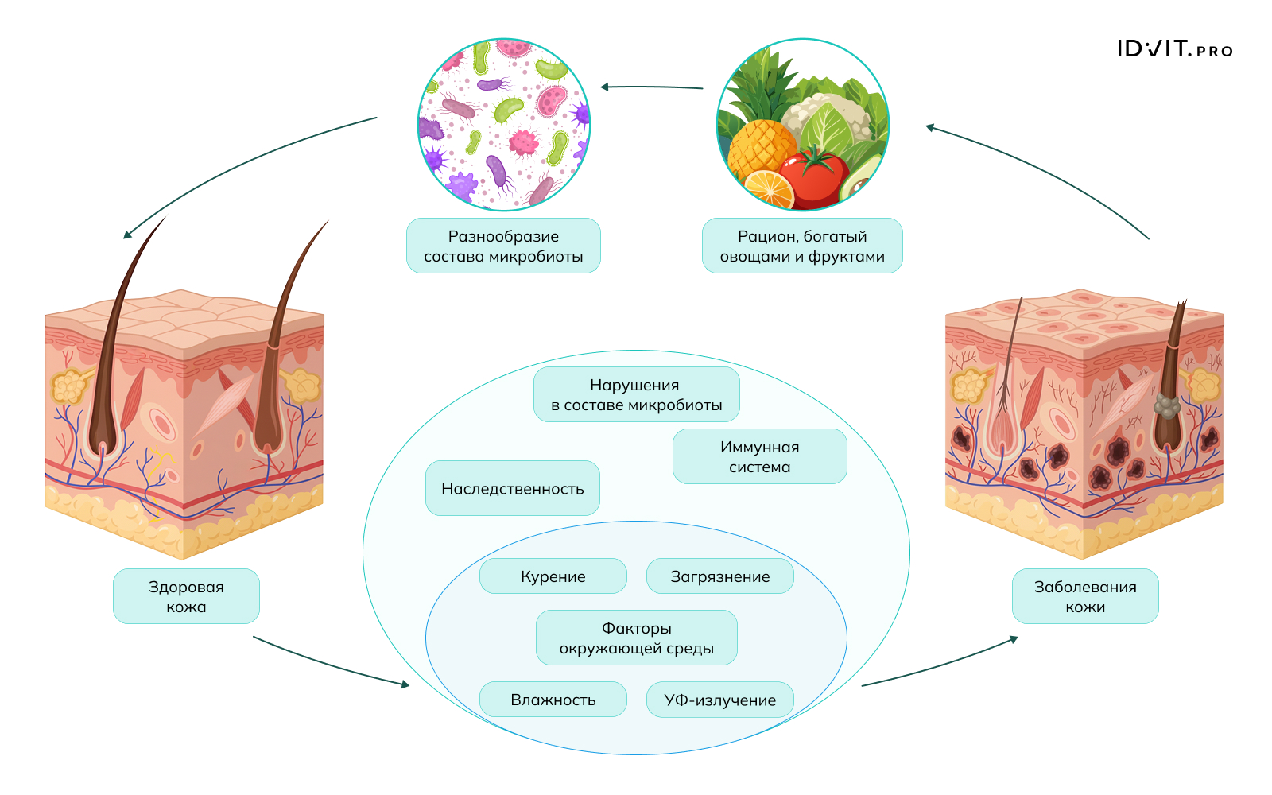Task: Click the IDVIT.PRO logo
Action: (1174, 49)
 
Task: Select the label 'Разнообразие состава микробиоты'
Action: (503, 246)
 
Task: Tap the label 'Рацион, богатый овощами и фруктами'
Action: (802, 246)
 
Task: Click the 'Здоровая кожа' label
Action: (186, 596)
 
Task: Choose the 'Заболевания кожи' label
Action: (1085, 596)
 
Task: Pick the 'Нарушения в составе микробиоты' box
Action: (636, 394)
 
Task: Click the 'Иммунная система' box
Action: (759, 456)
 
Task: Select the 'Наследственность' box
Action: (512, 488)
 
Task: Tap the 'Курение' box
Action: (553, 576)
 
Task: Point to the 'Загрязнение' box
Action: (719, 576)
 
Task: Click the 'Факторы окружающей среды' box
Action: (636, 638)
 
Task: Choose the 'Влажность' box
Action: (553, 700)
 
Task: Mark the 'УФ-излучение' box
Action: (719, 700)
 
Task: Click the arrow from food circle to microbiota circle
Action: (652, 87)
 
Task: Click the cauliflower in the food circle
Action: (827, 115)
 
